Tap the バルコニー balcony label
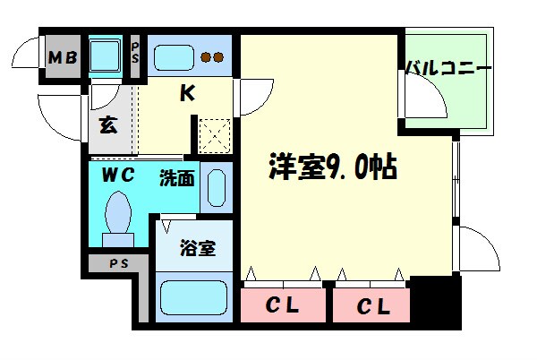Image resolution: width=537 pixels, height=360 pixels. [448, 68]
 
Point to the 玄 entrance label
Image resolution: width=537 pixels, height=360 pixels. [107, 124]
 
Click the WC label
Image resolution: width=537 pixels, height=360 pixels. [117, 175]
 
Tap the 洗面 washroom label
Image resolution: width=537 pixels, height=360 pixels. [176, 177]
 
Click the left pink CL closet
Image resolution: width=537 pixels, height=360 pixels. [283, 305]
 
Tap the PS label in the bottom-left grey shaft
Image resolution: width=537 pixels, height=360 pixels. [117, 264]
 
